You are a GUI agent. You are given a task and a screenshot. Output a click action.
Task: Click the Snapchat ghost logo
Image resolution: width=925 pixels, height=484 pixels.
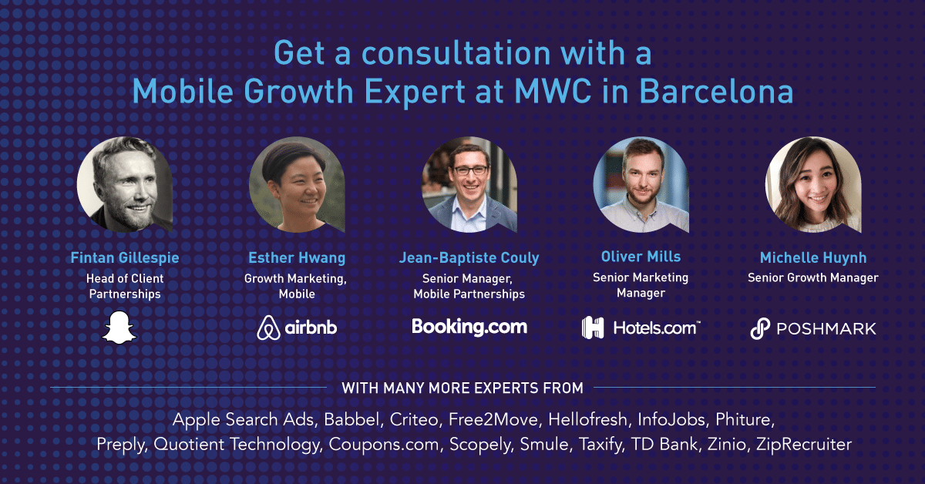[119, 326]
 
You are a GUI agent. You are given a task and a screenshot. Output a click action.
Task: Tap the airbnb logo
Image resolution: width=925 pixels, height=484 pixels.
[297, 327]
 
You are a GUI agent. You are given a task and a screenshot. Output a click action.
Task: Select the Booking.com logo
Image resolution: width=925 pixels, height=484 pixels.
[469, 326]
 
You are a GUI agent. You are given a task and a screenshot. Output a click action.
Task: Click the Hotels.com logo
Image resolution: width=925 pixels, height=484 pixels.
[641, 328]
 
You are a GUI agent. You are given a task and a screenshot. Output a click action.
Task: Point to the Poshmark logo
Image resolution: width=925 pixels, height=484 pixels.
[813, 328]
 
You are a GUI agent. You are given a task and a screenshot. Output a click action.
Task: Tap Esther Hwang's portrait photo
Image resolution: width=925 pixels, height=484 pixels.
[297, 184]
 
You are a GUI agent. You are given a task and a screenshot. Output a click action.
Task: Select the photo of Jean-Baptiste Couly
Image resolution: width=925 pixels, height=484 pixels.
[469, 184]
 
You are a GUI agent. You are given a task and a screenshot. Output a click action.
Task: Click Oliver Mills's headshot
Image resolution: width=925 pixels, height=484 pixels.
[641, 184]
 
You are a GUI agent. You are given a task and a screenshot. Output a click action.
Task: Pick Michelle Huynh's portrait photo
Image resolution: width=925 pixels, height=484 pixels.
[813, 184]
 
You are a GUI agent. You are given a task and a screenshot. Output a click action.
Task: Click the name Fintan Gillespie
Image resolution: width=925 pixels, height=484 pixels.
[126, 257]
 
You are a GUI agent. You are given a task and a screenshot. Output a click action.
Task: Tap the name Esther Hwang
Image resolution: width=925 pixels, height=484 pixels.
[297, 257]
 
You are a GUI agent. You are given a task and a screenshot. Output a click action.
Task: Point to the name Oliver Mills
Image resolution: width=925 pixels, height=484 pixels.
[641, 256]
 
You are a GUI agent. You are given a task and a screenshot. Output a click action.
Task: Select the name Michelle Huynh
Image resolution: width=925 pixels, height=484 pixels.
[813, 257]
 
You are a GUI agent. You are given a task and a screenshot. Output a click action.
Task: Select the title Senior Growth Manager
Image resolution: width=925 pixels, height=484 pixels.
[813, 277]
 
